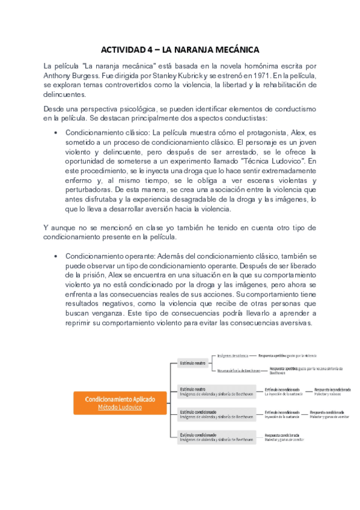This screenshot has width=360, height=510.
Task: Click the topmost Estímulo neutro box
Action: coord(194,363)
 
